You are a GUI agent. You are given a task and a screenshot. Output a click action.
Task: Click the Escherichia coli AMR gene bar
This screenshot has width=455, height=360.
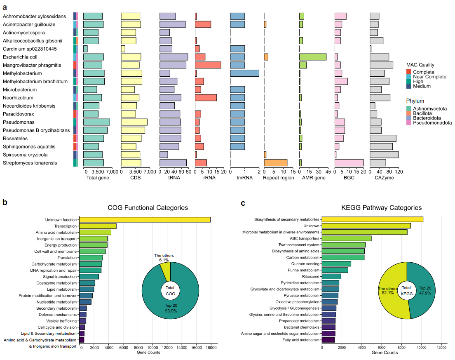click(312, 57)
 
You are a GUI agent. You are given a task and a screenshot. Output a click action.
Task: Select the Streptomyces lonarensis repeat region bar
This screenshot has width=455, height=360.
click(275, 163)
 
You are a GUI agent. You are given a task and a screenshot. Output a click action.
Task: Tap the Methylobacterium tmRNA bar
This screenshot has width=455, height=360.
click(244, 73)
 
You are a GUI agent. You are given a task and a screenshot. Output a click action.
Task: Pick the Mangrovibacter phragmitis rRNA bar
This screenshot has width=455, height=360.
click(208, 65)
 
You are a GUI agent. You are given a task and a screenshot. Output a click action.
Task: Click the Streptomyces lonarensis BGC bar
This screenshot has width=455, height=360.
click(349, 163)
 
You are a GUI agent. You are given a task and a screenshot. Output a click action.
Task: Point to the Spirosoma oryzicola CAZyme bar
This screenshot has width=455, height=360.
click(384, 155)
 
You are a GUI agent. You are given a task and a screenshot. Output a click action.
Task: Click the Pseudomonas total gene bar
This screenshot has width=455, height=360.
click(96, 122)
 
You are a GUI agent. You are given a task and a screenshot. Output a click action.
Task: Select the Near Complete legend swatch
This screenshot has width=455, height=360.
click(408, 77)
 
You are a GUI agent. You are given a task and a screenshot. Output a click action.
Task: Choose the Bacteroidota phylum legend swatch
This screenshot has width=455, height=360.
click(408, 118)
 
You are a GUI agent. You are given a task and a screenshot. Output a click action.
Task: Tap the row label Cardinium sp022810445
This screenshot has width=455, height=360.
click(29, 49)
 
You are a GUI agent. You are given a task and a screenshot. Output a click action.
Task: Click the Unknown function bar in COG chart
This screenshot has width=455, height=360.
click(145, 219)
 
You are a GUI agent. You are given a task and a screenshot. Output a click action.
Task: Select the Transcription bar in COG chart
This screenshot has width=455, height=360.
click(98, 226)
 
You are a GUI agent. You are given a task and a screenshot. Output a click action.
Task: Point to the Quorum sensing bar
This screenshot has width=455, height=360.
click(336, 264)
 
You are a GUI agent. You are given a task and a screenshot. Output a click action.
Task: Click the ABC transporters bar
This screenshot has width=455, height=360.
click(347, 238)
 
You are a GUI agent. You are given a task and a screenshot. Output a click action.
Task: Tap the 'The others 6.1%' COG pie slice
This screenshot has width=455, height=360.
click(166, 270)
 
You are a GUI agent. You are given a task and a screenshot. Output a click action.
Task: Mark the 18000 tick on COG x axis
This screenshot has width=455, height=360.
click(211, 348)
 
